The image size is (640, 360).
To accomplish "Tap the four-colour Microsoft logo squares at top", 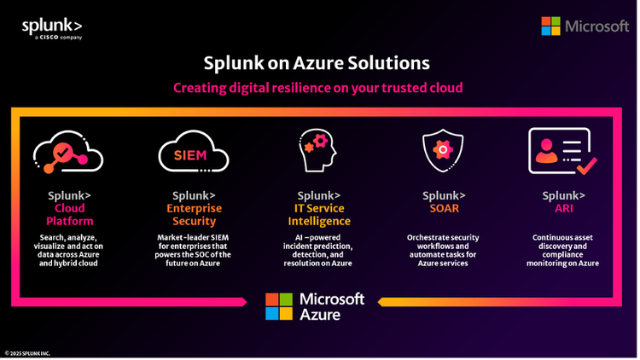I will pyautogui.click(x=550, y=26).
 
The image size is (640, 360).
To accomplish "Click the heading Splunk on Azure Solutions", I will pyautogui.click(x=317, y=63).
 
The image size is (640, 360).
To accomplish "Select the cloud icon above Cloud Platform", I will pyautogui.click(x=68, y=154).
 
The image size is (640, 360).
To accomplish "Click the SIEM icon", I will pyautogui.click(x=189, y=154).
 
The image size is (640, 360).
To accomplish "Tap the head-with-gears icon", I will pyautogui.click(x=317, y=151).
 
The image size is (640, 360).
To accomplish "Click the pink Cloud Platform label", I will pyautogui.click(x=70, y=215).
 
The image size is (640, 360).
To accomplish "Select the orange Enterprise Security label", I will pyautogui.click(x=193, y=215).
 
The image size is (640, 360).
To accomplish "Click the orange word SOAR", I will pyautogui.click(x=442, y=208).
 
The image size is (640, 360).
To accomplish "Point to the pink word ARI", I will pyautogui.click(x=564, y=208).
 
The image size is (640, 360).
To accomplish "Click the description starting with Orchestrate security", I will pyautogui.click(x=442, y=248).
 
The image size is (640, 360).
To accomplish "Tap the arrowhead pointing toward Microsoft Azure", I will pyautogui.click(x=381, y=300).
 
